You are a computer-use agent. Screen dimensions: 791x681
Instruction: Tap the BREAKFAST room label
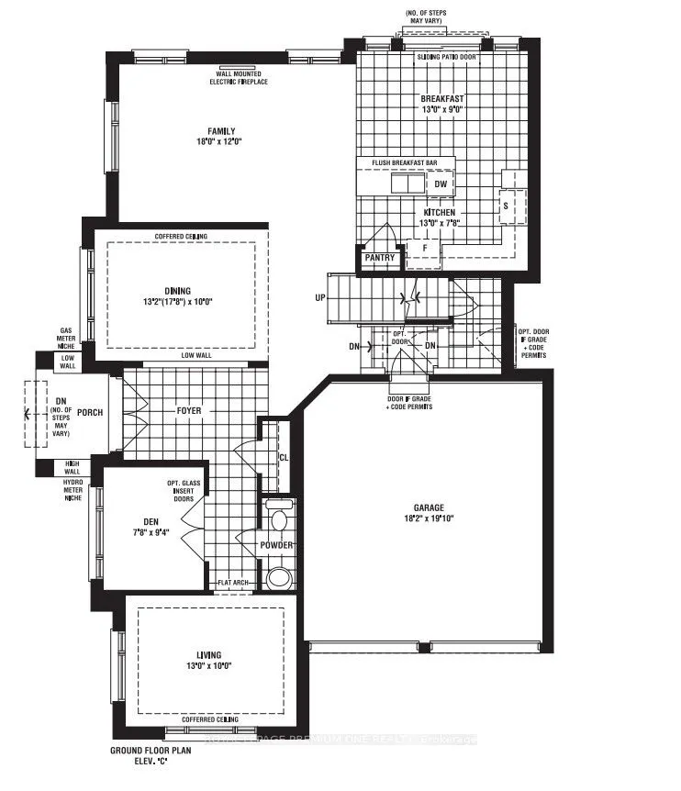[x=442, y=98]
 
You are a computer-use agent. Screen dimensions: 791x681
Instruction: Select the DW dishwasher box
[x=441, y=184]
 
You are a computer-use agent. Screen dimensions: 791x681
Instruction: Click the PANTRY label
[x=379, y=258]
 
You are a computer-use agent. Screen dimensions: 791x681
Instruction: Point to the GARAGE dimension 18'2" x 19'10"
[x=429, y=518]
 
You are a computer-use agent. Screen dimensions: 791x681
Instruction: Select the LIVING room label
[x=207, y=654]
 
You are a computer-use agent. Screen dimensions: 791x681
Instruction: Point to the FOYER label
[x=190, y=410]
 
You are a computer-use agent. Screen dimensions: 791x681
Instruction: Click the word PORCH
[x=90, y=412]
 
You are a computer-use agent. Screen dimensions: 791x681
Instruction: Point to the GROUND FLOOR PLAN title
[x=150, y=750]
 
